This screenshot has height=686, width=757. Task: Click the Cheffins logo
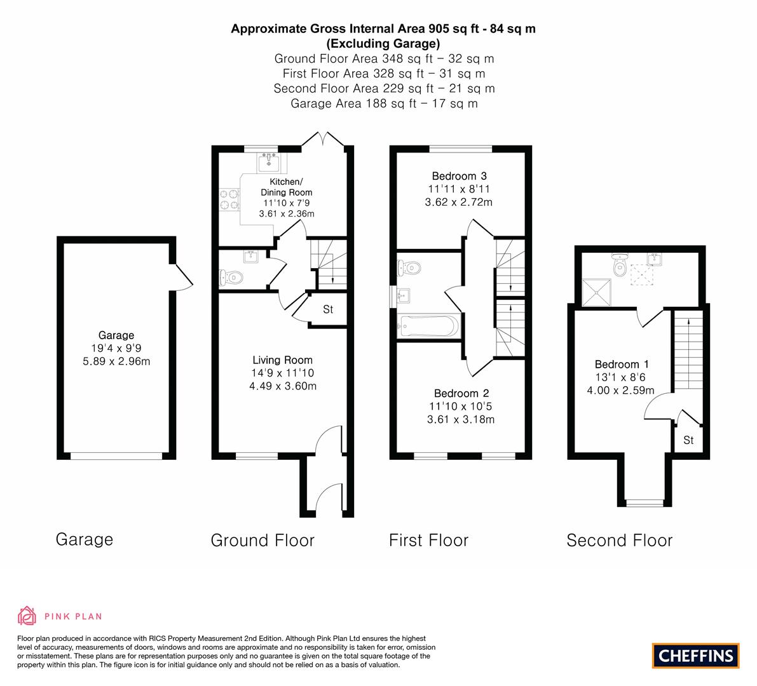tap(695, 656)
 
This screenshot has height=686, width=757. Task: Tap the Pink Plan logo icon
tap(27, 615)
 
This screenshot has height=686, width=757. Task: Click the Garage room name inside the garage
tap(116, 335)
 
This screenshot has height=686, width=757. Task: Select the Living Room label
tap(282, 360)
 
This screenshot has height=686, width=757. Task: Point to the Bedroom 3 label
tap(459, 176)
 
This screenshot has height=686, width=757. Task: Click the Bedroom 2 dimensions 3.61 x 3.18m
tap(460, 419)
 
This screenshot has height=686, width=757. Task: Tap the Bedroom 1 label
tap(621, 364)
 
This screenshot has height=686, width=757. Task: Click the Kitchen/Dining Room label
tap(287, 187)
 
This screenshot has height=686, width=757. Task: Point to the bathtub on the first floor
tap(427, 326)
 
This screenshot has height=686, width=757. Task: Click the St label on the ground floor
tap(328, 310)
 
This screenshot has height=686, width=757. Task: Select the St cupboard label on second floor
tap(688, 440)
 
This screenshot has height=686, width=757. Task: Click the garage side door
tap(182, 276)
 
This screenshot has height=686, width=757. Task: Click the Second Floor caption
tap(619, 541)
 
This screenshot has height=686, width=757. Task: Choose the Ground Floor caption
tap(263, 541)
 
